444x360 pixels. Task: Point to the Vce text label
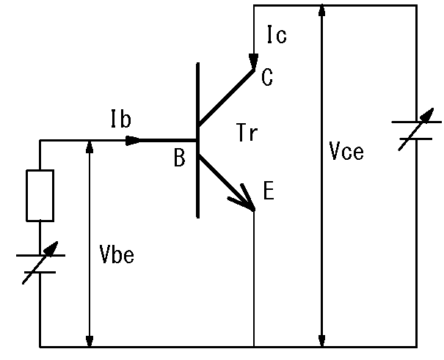coord(347,153)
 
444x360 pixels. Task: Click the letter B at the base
coord(180,158)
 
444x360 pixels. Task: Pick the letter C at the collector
coord(266,78)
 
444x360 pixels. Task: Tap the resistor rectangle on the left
coord(40,195)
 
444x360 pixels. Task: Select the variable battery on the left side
coord(40,264)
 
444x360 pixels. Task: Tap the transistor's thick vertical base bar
coord(197,140)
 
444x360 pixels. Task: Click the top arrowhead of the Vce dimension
coord(321,10)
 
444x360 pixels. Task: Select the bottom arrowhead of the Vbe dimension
coord(90,340)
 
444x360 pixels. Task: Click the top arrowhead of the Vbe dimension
coord(90,145)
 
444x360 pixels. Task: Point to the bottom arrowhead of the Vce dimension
coord(321,340)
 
